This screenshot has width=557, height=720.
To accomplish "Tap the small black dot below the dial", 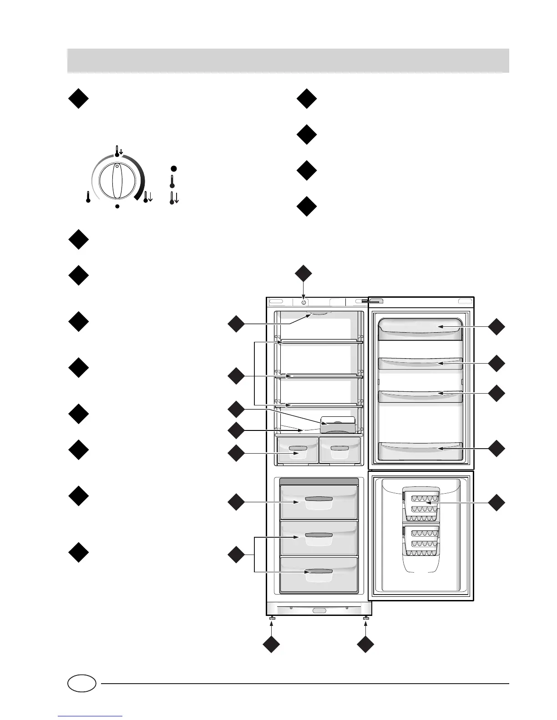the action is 117,206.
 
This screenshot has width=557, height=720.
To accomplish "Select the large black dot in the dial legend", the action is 173,169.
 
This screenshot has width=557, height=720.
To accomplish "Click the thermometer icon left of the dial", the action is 88,197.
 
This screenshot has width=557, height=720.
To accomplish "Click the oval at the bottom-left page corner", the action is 82,683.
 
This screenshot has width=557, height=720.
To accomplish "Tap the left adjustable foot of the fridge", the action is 272,618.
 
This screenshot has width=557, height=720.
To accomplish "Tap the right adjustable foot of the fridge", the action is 366,618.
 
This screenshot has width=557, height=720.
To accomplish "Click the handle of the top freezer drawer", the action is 319,500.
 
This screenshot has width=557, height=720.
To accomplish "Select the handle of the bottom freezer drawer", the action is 319,571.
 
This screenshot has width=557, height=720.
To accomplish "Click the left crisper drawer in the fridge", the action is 298,450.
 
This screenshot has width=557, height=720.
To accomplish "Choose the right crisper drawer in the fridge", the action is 340,450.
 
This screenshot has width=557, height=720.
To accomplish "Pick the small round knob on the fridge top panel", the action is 304,301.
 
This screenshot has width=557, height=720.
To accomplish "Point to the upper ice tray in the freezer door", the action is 421,505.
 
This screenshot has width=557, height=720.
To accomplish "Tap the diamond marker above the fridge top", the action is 304,274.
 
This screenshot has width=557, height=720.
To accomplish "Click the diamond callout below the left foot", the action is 272,645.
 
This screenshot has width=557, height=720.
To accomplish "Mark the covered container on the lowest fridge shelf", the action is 338,425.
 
